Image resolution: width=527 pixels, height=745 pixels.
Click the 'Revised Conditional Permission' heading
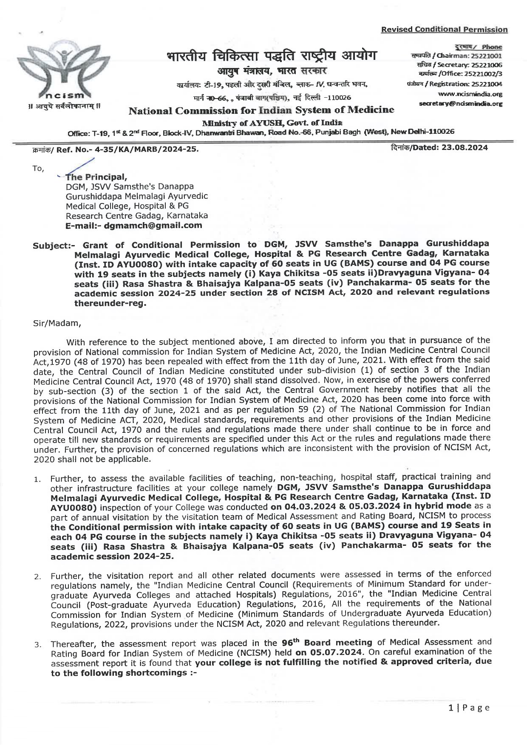coord(444,29)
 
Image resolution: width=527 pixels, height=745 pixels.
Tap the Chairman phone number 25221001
coord(488,56)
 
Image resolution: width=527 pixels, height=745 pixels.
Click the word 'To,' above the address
coord(38,168)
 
